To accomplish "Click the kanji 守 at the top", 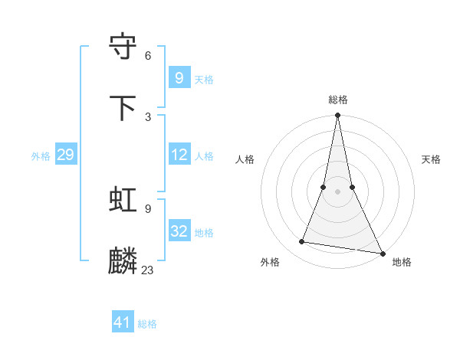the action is tap(123, 47).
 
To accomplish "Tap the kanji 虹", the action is tap(123, 200).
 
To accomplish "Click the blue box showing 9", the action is tap(179, 77).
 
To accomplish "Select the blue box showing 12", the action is tap(179, 155).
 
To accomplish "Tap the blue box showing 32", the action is tap(179, 231).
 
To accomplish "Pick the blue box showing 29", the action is tap(65, 155).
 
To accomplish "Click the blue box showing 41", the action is tap(123, 322).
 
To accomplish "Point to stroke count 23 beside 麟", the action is tap(148, 270).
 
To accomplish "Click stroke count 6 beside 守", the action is tap(148, 55).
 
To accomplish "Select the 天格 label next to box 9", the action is tap(204, 80).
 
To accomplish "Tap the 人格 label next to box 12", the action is tap(204, 156).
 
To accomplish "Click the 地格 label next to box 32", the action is tap(204, 233).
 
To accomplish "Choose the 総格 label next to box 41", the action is tap(147, 324).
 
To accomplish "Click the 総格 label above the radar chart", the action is tap(338, 100).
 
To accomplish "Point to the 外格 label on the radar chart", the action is tap(270, 262).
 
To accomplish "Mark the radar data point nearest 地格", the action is tap(382, 254).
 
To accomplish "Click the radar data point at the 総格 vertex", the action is tap(337, 116).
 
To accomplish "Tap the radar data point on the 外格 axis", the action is tap(302, 242).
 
